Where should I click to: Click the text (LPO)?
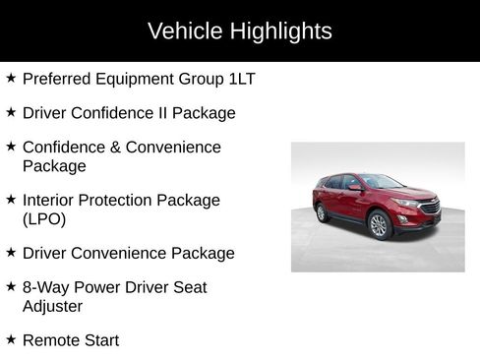(42, 218)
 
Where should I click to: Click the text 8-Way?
(46, 288)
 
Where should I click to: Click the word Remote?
(51, 340)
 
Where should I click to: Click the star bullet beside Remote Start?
(11, 339)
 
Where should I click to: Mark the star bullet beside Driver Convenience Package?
(11, 252)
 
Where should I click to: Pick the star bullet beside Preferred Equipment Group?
(11, 78)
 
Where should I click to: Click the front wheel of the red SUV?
(379, 225)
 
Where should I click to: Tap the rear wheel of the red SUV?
(322, 212)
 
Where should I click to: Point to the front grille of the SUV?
(429, 208)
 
